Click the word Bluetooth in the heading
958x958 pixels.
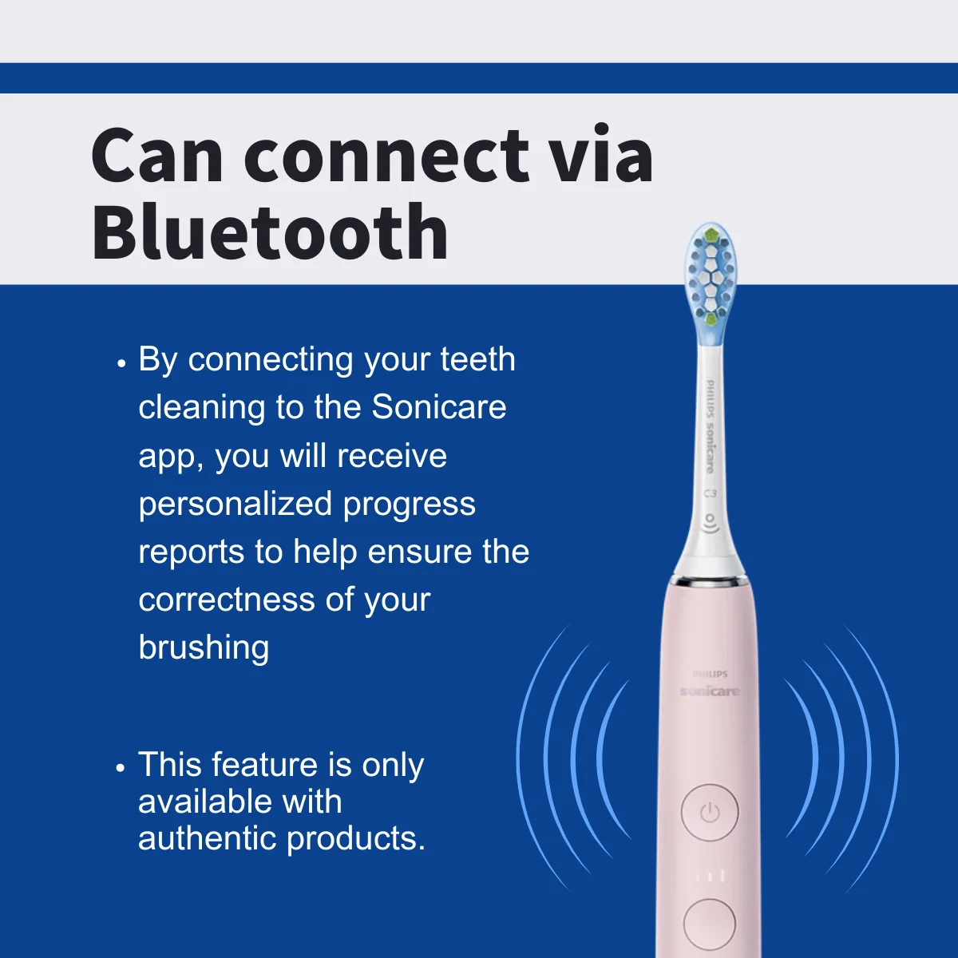(x=270, y=233)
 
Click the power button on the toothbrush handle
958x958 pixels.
(x=710, y=813)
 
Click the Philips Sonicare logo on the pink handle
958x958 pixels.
(x=710, y=684)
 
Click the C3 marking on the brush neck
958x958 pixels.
(x=710, y=493)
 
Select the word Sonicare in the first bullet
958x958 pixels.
(x=439, y=408)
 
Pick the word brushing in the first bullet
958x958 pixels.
(x=204, y=647)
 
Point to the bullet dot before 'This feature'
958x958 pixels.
(x=121, y=768)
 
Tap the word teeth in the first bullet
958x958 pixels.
(x=477, y=360)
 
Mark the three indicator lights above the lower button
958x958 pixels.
(x=710, y=876)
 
